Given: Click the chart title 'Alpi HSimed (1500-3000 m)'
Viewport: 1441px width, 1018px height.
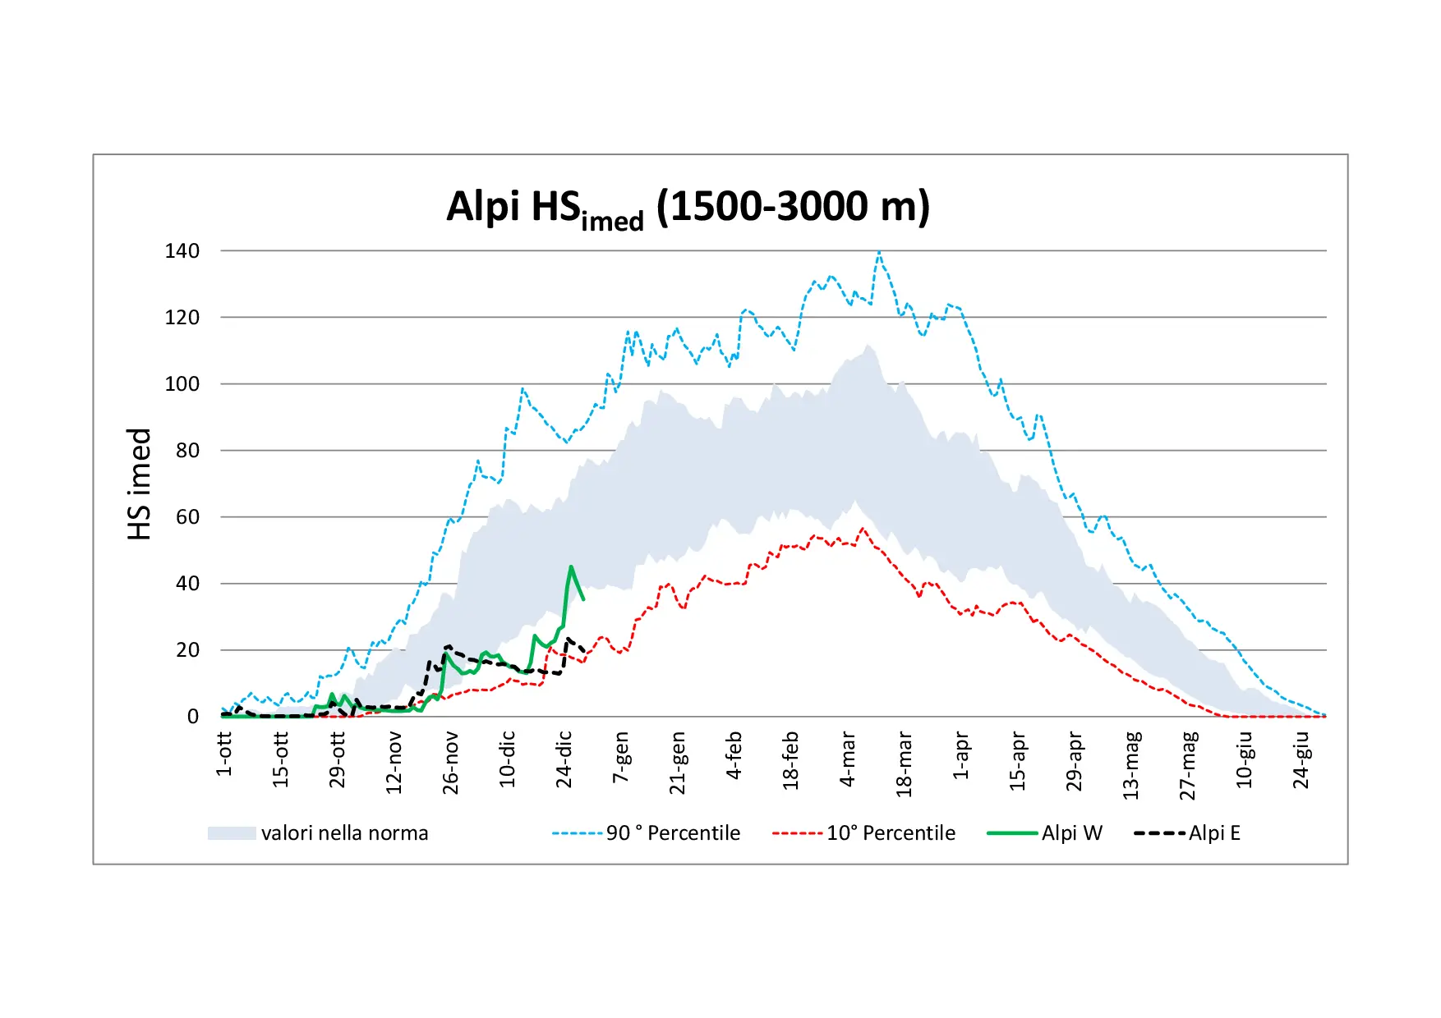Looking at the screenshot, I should coord(688,207).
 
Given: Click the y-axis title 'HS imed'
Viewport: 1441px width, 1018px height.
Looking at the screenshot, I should coord(140,484).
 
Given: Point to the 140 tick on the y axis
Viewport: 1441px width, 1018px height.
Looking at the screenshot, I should coord(182,251).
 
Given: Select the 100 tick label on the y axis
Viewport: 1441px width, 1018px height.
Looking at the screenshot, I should coord(182,384).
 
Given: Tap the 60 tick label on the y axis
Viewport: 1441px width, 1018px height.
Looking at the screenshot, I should coord(187,517).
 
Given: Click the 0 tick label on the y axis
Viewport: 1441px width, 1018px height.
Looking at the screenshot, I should coord(193,717).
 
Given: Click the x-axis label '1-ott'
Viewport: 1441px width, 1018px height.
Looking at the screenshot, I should coord(224,754).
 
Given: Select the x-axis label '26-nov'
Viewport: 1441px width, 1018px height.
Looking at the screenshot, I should coord(450,763).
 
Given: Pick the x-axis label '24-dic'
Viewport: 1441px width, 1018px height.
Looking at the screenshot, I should coord(564,759).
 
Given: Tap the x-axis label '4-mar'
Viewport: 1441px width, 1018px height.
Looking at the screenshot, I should coord(848,759).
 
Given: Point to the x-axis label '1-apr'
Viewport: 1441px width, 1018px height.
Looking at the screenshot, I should coord(961,756).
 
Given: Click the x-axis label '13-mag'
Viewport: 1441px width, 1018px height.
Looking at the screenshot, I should coord(1131,764).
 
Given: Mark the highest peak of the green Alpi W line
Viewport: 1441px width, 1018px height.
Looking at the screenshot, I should coord(571,566).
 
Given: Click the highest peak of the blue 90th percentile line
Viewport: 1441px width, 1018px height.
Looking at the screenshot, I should coord(879,252).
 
